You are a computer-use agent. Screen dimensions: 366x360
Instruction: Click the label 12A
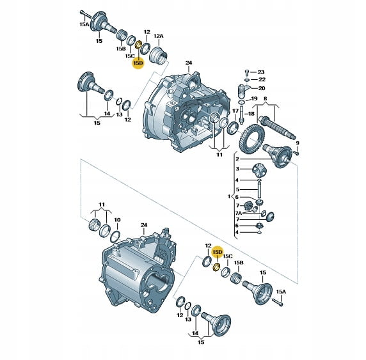pyautogui.click(x=159, y=36)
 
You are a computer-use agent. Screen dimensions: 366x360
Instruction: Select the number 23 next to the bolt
pyautogui.click(x=260, y=72)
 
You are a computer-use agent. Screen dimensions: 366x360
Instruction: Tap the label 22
pyautogui.click(x=262, y=79)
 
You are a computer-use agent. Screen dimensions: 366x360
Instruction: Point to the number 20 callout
pyautogui.click(x=262, y=88)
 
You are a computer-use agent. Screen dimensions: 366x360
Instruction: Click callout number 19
pyautogui.click(x=254, y=98)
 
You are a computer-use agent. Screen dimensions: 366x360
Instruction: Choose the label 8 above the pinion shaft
pyautogui.click(x=265, y=98)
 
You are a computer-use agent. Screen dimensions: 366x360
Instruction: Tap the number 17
pyautogui.click(x=235, y=111)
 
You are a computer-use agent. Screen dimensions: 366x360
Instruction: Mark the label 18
pyautogui.click(x=251, y=114)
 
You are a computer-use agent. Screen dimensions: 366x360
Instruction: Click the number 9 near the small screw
pyautogui.click(x=297, y=143)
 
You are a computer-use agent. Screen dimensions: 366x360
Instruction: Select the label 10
pyautogui.click(x=117, y=220)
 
